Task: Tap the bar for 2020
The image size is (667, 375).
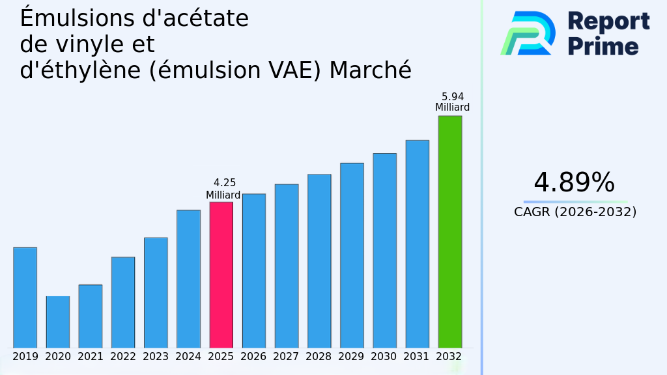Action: [x=57, y=322]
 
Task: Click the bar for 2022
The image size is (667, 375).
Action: [x=123, y=302]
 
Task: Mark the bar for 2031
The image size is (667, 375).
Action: [x=417, y=244]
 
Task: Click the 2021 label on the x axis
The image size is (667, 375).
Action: [x=91, y=357]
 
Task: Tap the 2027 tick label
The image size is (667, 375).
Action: [x=286, y=357]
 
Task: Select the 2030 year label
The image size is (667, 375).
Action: [x=384, y=357]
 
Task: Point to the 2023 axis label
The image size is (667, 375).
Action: [x=156, y=357]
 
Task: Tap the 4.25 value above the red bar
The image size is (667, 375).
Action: [x=225, y=183]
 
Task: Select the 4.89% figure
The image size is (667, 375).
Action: [x=574, y=183]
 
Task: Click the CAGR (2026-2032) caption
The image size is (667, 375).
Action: [x=575, y=212]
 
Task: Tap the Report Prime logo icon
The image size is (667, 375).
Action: [x=528, y=33]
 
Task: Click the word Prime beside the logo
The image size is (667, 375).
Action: [x=603, y=46]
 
